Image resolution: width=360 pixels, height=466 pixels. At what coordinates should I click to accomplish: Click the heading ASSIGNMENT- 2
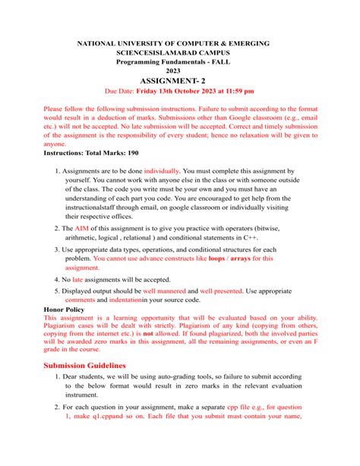pyautogui.click(x=179, y=78)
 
